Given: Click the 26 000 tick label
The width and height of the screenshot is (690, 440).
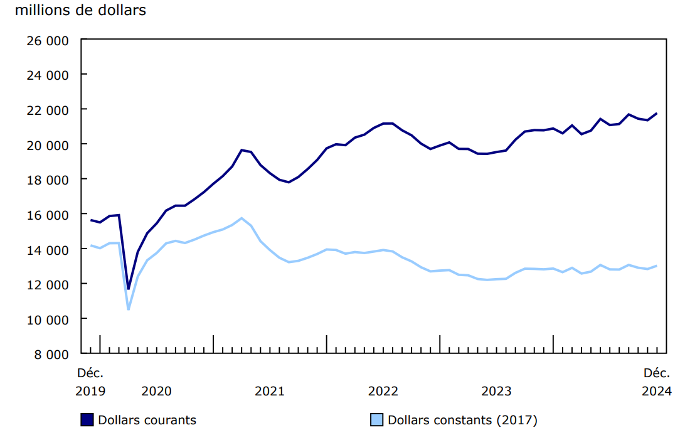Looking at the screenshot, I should (48, 40).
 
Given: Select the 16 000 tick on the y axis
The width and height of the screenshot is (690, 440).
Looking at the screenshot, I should (48, 214).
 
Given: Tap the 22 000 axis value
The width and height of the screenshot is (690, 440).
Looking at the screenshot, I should (48, 109).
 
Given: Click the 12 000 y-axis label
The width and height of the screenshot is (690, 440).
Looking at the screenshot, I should (48, 284).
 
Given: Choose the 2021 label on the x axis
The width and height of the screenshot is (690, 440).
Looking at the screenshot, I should (270, 391).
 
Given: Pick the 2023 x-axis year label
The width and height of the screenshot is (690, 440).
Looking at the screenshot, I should (496, 391).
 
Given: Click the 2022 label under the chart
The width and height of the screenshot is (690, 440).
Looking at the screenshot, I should (383, 391).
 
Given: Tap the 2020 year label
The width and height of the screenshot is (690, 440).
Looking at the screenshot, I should (156, 391).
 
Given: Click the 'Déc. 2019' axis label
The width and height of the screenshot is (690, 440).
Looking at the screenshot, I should (90, 382).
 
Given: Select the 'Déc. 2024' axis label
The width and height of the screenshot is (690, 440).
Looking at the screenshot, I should (657, 382).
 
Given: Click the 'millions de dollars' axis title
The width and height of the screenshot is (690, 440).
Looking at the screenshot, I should (80, 11).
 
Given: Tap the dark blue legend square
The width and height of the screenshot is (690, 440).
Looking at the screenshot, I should (87, 420).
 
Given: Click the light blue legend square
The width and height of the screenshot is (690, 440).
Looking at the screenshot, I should (377, 420).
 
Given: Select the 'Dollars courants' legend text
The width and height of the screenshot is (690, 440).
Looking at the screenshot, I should (147, 420).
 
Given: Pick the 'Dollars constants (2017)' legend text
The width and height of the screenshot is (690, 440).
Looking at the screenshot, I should (462, 420).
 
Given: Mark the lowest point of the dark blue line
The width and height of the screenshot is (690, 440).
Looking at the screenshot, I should (129, 289).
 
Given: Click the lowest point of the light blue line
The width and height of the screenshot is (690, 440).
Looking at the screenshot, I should (129, 309).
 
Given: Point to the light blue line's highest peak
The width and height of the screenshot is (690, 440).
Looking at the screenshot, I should (242, 218).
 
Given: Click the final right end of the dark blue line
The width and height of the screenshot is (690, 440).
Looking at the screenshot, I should (656, 114).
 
